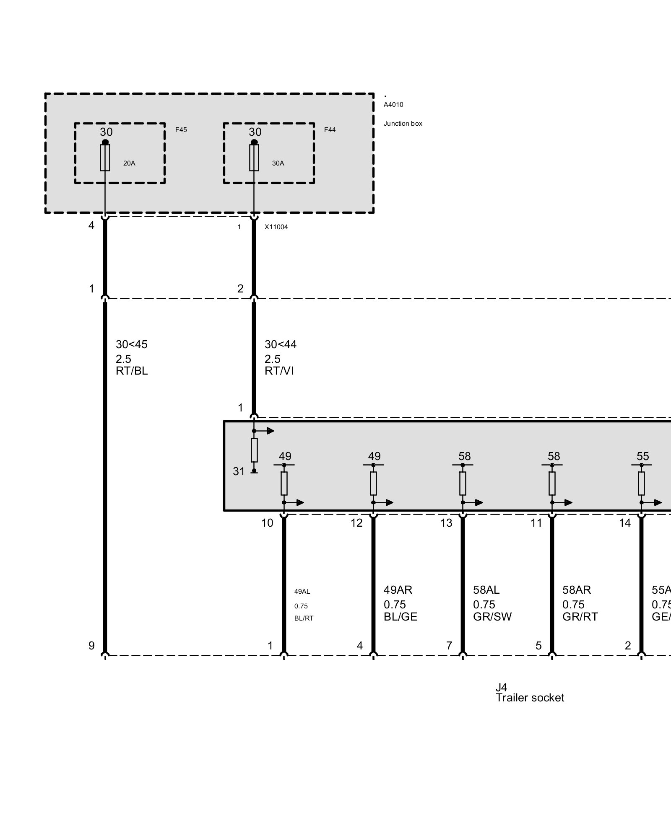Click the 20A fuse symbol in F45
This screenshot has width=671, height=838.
(105, 158)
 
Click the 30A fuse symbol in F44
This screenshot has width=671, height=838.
(254, 158)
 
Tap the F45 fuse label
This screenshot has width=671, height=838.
(181, 130)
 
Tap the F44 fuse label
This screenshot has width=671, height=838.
(330, 130)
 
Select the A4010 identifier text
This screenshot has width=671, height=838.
(393, 105)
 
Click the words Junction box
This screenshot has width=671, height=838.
(403, 124)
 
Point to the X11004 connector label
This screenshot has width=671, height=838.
(276, 227)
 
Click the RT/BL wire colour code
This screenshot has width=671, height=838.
(132, 371)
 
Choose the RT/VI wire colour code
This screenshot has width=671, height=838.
(279, 371)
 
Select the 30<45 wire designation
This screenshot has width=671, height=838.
(132, 344)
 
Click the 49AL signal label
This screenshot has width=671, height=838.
(302, 592)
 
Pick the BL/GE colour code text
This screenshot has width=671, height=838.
(401, 617)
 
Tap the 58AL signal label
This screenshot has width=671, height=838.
(486, 590)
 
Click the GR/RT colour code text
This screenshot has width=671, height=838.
(580, 617)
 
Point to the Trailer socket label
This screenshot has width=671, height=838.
(530, 698)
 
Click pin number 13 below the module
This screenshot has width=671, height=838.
(446, 523)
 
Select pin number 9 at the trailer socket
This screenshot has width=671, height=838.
(91, 646)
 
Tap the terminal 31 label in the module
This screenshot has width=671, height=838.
(239, 471)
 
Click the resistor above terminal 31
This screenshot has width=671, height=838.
(254, 450)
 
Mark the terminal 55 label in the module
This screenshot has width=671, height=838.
(642, 456)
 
